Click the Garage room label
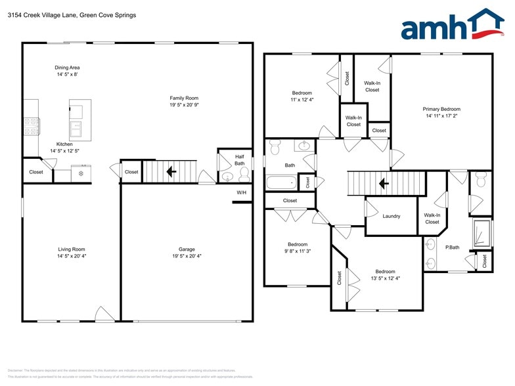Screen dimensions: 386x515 pos(187,249)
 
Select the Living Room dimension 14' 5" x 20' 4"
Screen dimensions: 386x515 pos(72,256)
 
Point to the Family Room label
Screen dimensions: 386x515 pos(184,98)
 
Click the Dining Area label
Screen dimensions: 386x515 pos(67,68)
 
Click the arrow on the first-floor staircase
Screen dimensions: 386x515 pos(171,172)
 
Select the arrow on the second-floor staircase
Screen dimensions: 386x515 pos(382,183)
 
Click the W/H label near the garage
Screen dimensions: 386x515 pos(241,192)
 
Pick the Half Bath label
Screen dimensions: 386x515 pos(240,160)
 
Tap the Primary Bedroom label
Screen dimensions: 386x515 pos(441,109)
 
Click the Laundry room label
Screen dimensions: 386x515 pos(391,216)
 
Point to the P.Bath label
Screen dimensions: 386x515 pos(451,247)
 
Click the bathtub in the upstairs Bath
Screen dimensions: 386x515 pos(281,182)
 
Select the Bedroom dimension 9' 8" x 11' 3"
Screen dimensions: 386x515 pos(297,251)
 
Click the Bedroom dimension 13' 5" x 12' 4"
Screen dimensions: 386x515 pos(385,278)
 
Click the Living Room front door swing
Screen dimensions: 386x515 pos(104,314)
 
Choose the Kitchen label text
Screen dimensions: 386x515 pos(64,144)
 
